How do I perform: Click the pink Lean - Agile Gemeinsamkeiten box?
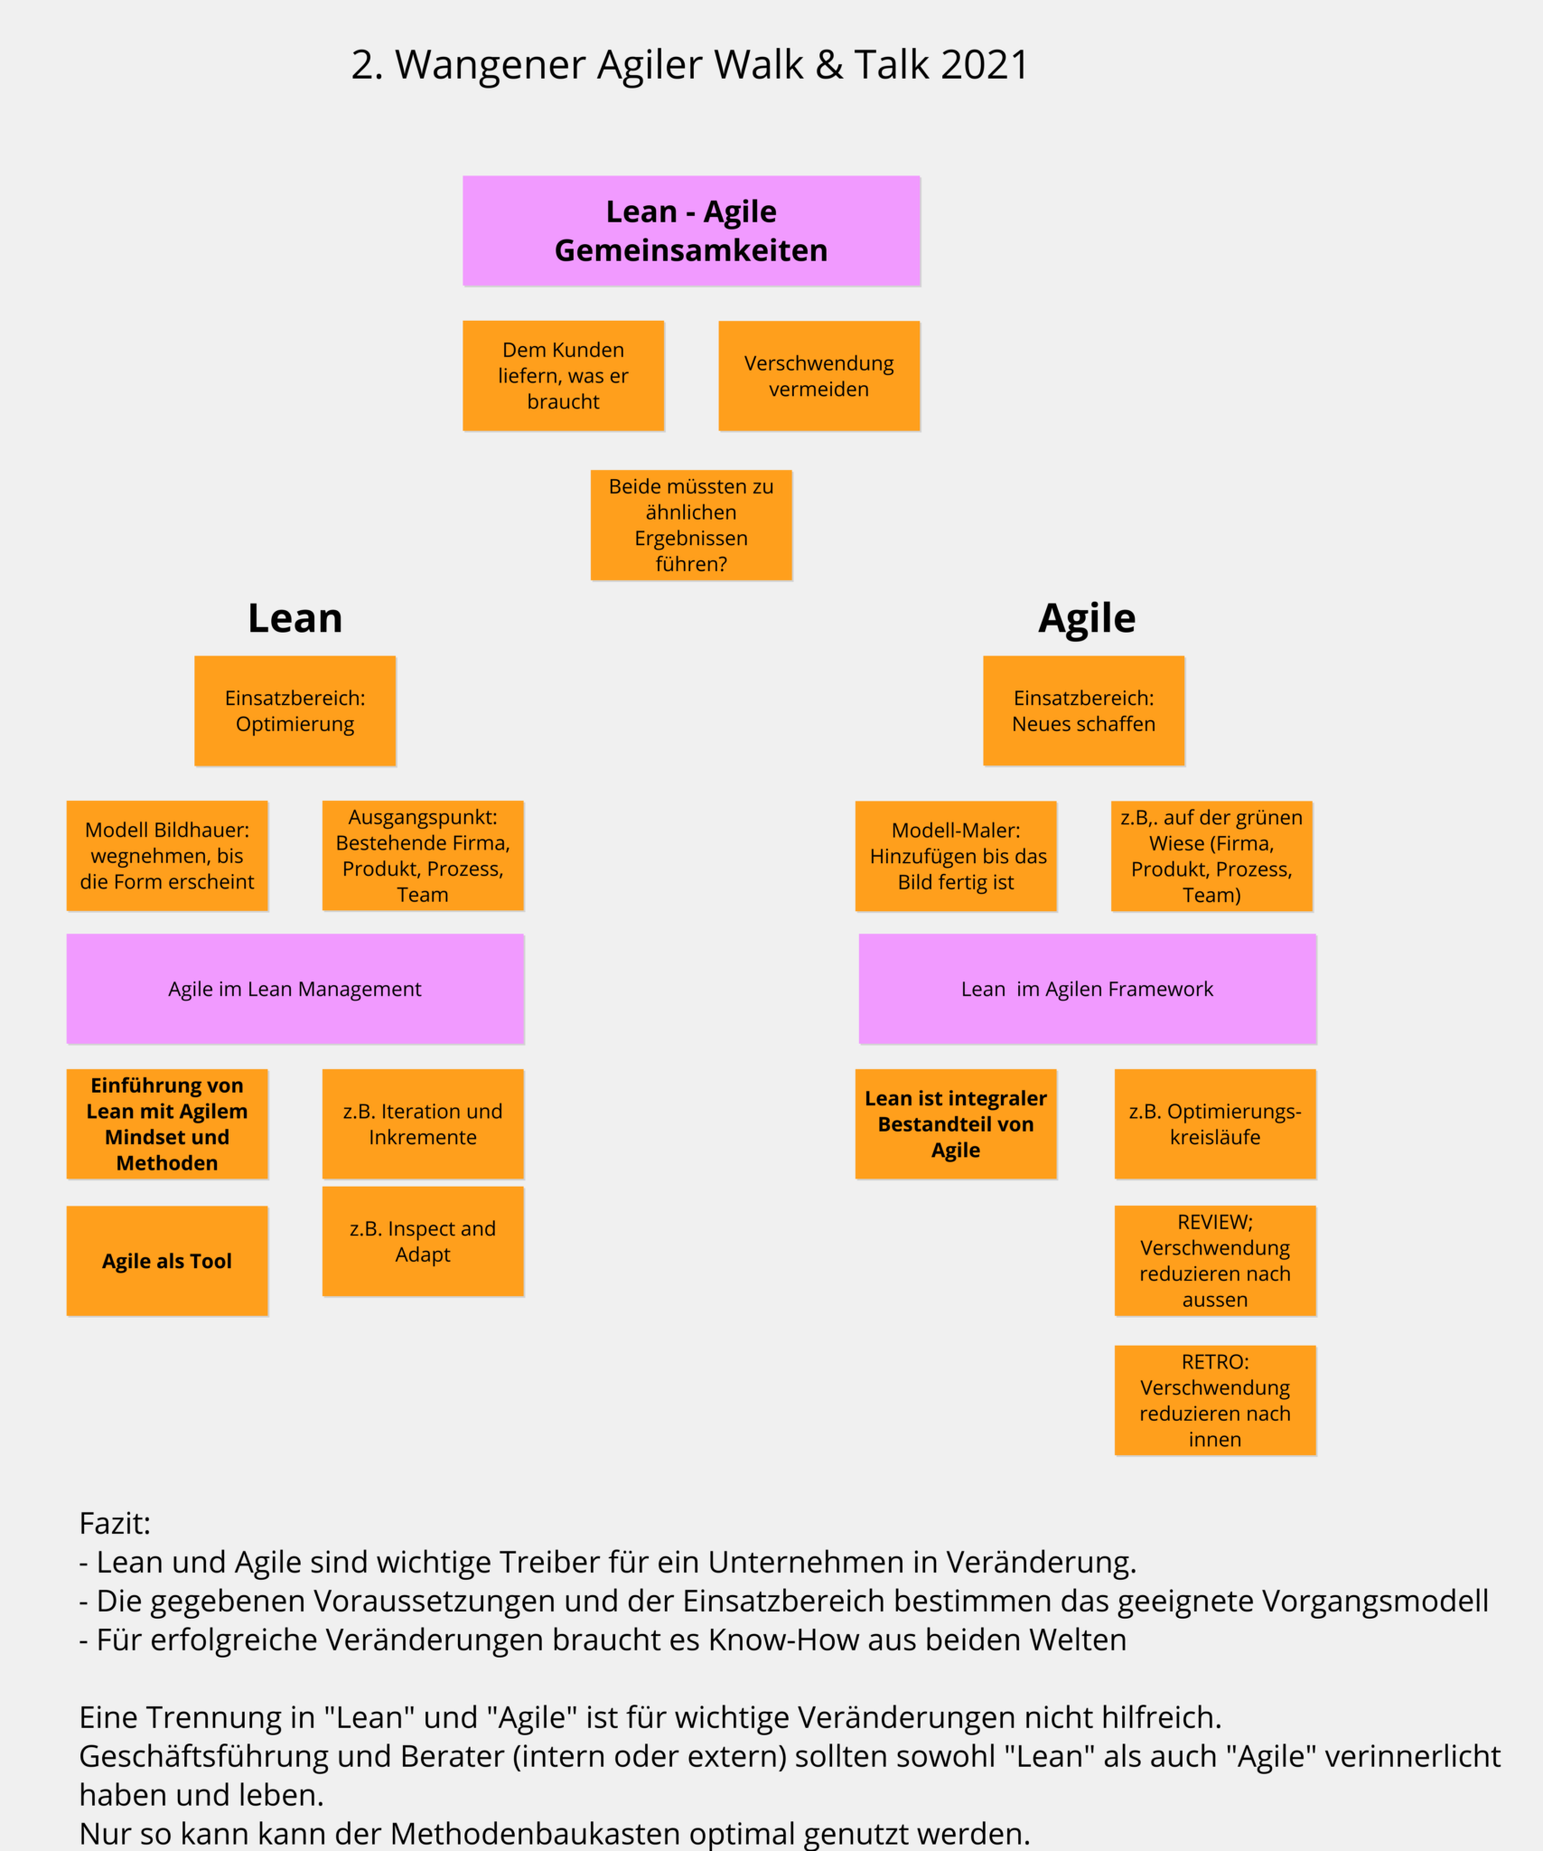tap(691, 230)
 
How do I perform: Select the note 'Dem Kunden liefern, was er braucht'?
tap(563, 375)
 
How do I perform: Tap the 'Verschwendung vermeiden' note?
tap(818, 375)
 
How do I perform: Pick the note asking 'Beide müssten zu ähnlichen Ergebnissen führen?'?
tap(691, 524)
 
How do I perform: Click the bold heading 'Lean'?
tap(295, 618)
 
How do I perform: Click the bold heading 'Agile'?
tap(1086, 618)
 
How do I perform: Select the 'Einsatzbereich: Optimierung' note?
tap(295, 710)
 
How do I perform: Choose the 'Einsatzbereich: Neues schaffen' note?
tap(1083, 710)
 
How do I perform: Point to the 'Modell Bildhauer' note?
tap(167, 855)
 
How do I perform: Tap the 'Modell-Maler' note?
tap(956, 855)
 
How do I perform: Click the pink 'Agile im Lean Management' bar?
tap(295, 989)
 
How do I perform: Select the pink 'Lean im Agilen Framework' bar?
tap(1087, 989)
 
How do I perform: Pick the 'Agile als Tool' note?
tap(167, 1261)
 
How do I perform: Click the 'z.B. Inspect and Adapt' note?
tap(423, 1241)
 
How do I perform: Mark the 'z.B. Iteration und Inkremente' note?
tap(423, 1123)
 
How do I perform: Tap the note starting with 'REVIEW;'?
tap(1215, 1260)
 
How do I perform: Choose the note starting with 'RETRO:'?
tap(1215, 1400)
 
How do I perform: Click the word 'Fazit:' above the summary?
tap(115, 1524)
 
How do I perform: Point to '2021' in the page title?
tap(984, 65)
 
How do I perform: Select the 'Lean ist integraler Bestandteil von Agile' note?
tap(956, 1123)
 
